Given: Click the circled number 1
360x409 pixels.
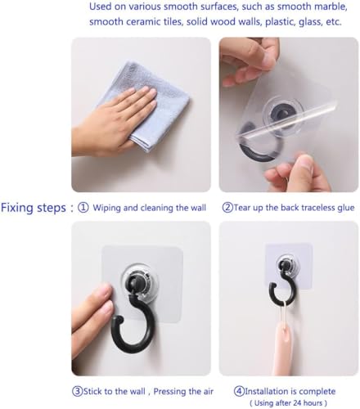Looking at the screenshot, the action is tap(83, 208).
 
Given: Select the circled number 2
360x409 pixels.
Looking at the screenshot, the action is tap(227, 208).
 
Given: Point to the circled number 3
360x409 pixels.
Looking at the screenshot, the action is tap(77, 392).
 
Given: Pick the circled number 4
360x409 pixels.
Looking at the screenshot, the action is tap(239, 392).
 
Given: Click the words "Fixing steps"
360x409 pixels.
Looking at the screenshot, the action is tap(34, 208).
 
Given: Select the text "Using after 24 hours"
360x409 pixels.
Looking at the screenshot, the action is tap(288, 403).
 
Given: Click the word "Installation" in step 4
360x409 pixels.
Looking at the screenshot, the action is tap(266, 392).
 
